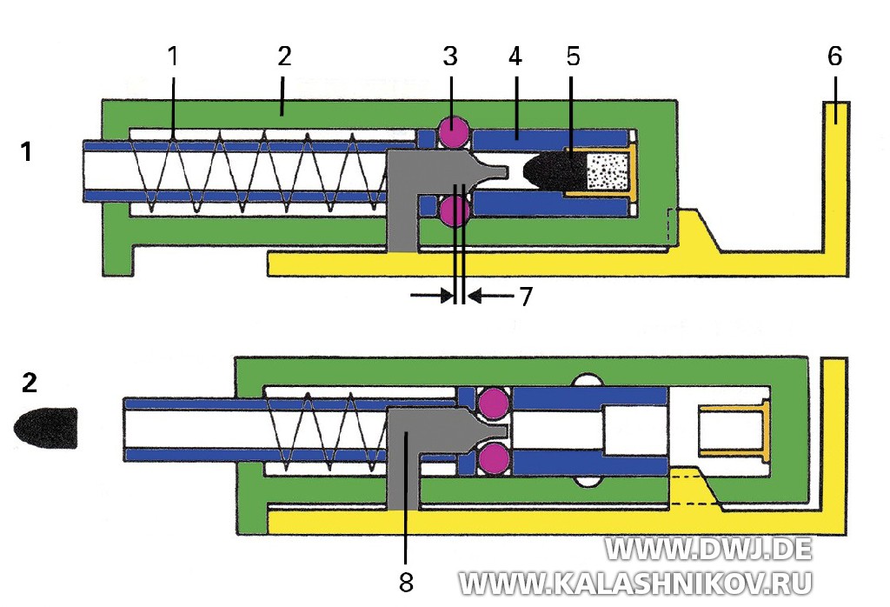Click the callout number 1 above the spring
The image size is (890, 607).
pyautogui.click(x=172, y=57)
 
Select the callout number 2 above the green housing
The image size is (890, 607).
pyautogui.click(x=284, y=57)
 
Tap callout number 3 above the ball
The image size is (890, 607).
pyautogui.click(x=449, y=57)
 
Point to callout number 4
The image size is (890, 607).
pyautogui.click(x=515, y=57)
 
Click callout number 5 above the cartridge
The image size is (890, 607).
pyautogui.click(x=572, y=57)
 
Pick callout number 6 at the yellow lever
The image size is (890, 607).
pyautogui.click(x=834, y=57)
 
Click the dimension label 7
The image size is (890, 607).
pyautogui.click(x=525, y=297)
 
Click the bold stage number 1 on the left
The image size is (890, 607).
pyautogui.click(x=27, y=151)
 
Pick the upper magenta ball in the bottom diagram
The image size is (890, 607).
pyautogui.click(x=494, y=402)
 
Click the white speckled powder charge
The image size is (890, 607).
pyautogui.click(x=604, y=171)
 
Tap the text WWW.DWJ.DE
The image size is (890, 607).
pyautogui.click(x=708, y=549)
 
